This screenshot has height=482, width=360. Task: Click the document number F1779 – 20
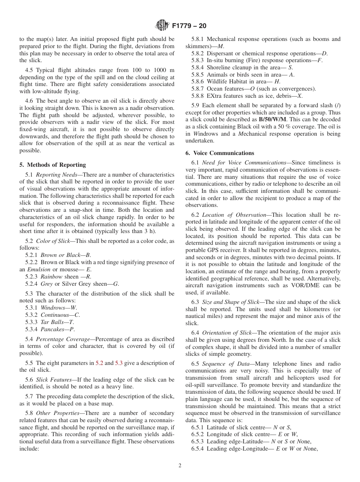[189, 26]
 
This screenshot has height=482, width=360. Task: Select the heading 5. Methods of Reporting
[53, 165]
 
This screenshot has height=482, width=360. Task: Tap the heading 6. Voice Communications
[220, 153]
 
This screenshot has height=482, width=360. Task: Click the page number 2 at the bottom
[180, 465]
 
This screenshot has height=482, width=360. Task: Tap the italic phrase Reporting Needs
[53, 175]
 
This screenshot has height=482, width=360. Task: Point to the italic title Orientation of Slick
[227, 333]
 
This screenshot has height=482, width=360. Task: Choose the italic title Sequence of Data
[224, 364]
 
